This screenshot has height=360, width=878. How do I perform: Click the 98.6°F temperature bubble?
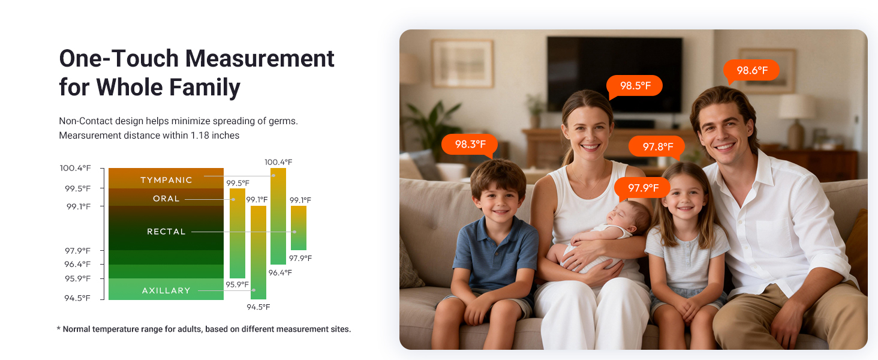click(x=751, y=70)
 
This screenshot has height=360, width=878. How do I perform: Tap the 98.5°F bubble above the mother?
click(x=635, y=86)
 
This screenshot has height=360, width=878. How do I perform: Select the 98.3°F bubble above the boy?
click(x=470, y=144)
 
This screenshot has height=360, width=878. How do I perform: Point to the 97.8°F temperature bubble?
click(x=658, y=146)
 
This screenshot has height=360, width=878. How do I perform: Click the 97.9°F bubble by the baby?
click(x=643, y=188)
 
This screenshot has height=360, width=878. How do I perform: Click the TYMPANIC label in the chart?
click(x=166, y=180)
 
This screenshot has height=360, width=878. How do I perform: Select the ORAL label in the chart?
click(x=166, y=199)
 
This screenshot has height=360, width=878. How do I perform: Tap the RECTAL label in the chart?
click(x=166, y=232)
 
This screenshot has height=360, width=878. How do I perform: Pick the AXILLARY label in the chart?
click(x=166, y=290)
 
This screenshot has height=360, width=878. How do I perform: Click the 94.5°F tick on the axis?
click(x=77, y=298)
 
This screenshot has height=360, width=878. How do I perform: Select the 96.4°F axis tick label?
click(x=77, y=264)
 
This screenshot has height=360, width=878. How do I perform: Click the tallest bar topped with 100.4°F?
click(x=278, y=216)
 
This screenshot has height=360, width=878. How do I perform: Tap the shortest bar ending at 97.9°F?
click(x=299, y=228)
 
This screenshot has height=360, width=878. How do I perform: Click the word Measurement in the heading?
click(x=260, y=59)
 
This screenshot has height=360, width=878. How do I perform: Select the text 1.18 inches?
click(x=215, y=136)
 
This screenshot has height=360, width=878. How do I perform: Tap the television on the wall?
click(x=614, y=74)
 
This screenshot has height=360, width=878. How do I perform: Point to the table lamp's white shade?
click(x=797, y=106)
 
